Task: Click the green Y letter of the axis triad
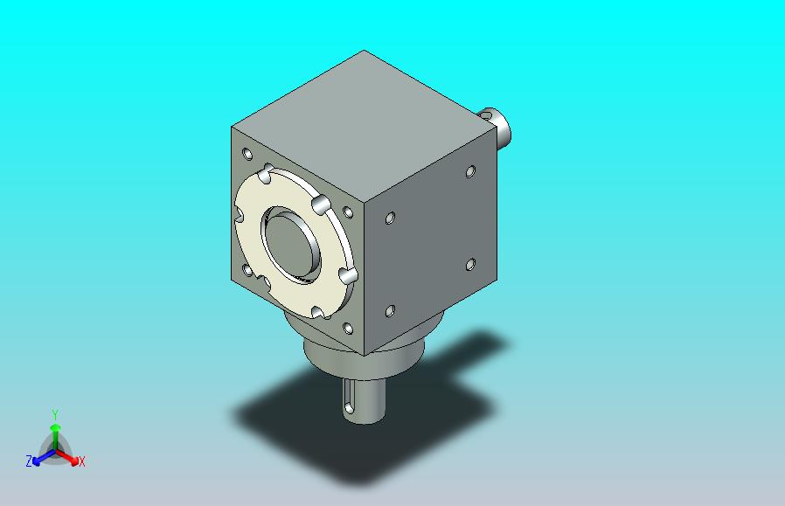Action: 55,414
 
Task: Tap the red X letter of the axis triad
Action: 81,461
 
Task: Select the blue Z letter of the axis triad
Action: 29,461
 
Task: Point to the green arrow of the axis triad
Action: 55,436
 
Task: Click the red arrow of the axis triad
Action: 67,457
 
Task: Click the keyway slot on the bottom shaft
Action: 349,399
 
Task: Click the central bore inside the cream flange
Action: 290,246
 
